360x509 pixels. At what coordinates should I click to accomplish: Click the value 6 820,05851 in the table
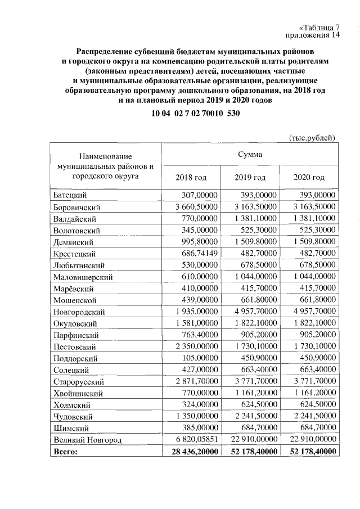(192, 440)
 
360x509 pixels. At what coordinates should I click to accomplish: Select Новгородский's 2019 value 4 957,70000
(250, 312)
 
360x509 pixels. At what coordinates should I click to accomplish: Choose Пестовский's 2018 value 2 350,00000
(192, 347)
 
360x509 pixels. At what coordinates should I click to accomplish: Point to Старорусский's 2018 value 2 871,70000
(192, 382)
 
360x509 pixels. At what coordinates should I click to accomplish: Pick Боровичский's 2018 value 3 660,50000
(192, 207)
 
